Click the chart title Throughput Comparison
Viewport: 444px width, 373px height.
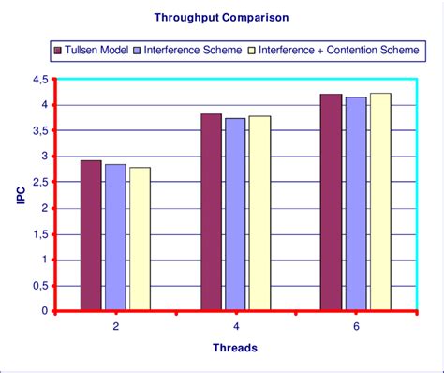pyautogui.click(x=222, y=18)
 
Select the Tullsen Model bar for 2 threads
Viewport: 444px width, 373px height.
pyautogui.click(x=91, y=235)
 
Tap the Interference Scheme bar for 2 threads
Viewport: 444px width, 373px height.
pyautogui.click(x=115, y=237)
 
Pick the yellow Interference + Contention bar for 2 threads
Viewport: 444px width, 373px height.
pyautogui.click(x=140, y=239)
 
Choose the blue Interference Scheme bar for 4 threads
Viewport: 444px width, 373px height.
pyautogui.click(x=235, y=215)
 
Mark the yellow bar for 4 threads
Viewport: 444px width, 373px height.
pyautogui.click(x=259, y=214)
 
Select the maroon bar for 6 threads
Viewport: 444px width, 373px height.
pyautogui.click(x=331, y=202)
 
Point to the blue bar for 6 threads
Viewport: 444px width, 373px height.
pyautogui.click(x=355, y=204)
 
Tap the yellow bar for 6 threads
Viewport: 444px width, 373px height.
pyautogui.click(x=379, y=201)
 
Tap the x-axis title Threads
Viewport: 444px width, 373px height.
pyautogui.click(x=235, y=347)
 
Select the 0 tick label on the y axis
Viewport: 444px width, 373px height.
pyautogui.click(x=44, y=311)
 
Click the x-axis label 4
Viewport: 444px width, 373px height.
pyautogui.click(x=235, y=326)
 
